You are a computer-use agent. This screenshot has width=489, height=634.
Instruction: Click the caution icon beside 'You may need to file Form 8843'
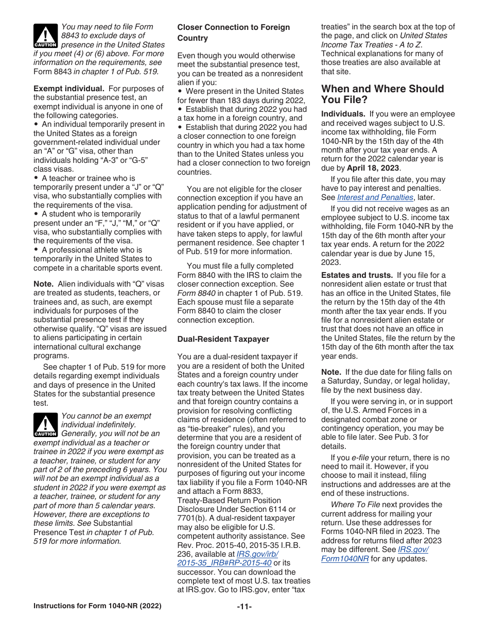(45, 36)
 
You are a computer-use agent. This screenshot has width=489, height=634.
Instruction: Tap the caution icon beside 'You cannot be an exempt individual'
(45, 425)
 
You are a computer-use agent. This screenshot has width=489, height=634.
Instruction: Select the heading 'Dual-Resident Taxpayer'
(216, 339)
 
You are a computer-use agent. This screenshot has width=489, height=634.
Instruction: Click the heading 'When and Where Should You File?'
(382, 94)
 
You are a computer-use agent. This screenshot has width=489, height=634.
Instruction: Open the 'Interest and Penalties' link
(375, 197)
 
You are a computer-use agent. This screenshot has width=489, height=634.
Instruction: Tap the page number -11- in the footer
(244, 606)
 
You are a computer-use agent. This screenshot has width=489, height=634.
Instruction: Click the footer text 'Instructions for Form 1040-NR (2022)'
(97, 606)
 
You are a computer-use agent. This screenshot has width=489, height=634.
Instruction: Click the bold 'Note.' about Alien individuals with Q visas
(43, 284)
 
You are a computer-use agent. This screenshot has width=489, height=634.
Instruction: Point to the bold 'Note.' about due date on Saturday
(331, 372)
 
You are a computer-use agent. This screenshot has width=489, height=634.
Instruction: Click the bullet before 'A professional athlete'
(36, 250)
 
